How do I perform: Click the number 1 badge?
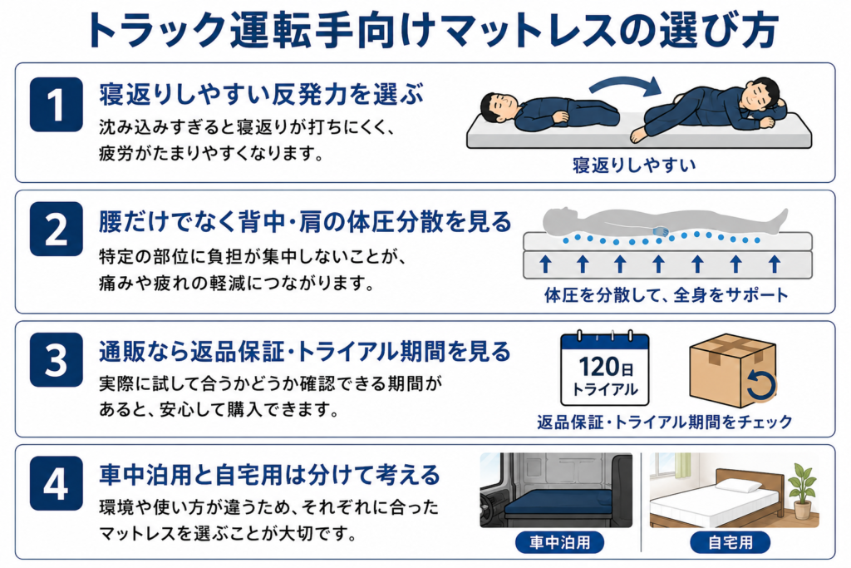click(57, 104)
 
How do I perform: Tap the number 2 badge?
click(57, 229)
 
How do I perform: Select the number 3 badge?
click(57, 359)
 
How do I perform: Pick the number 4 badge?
click(57, 482)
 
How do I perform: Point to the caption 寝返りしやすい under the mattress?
click(634, 165)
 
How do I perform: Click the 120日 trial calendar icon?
click(605, 368)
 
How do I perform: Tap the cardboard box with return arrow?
click(733, 370)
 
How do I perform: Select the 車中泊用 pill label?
click(559, 542)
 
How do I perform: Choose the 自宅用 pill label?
click(730, 542)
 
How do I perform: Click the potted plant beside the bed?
click(802, 491)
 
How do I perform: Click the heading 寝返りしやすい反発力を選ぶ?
click(261, 94)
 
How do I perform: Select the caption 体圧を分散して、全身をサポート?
click(666, 295)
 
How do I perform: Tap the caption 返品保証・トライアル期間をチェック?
click(665, 422)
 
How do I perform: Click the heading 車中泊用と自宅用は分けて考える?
click(270, 474)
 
